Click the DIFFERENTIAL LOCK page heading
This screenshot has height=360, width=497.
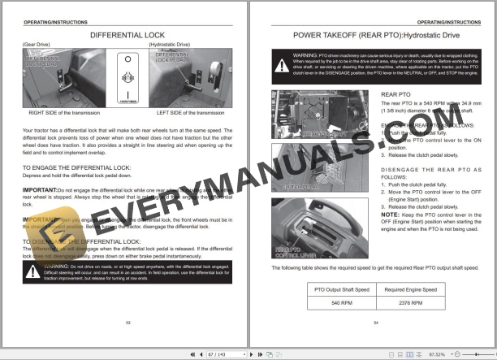click(x=127, y=35)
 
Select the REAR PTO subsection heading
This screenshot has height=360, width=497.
click(x=396, y=94)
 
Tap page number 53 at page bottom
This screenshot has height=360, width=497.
click(x=127, y=323)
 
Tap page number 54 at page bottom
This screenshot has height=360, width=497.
click(x=375, y=323)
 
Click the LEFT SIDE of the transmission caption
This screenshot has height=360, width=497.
click(x=190, y=113)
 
